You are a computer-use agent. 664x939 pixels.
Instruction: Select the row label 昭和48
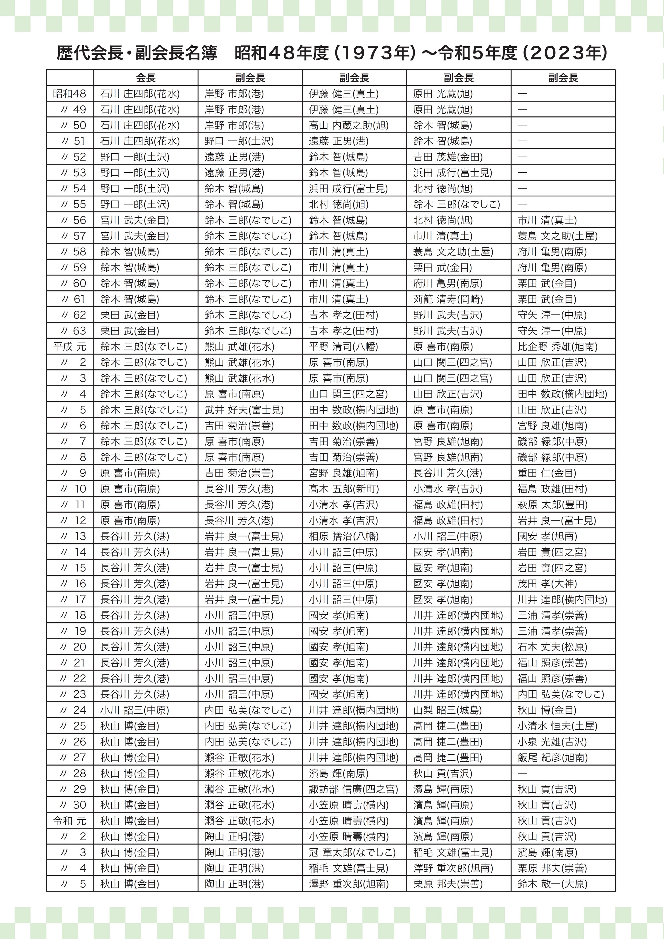pyautogui.click(x=70, y=94)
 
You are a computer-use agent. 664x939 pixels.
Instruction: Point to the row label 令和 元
pyautogui.click(x=70, y=821)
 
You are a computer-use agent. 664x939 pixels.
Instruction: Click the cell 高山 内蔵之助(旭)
pyautogui.click(x=349, y=126)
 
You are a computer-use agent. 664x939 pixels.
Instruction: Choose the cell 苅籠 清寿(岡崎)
pyautogui.click(x=448, y=299)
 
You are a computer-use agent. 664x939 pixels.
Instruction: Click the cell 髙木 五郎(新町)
pyautogui.click(x=344, y=489)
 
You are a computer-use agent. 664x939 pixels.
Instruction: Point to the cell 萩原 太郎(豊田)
pyautogui.click(x=552, y=505)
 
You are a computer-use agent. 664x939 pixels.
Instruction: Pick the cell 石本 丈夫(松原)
pyautogui.click(x=552, y=647)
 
